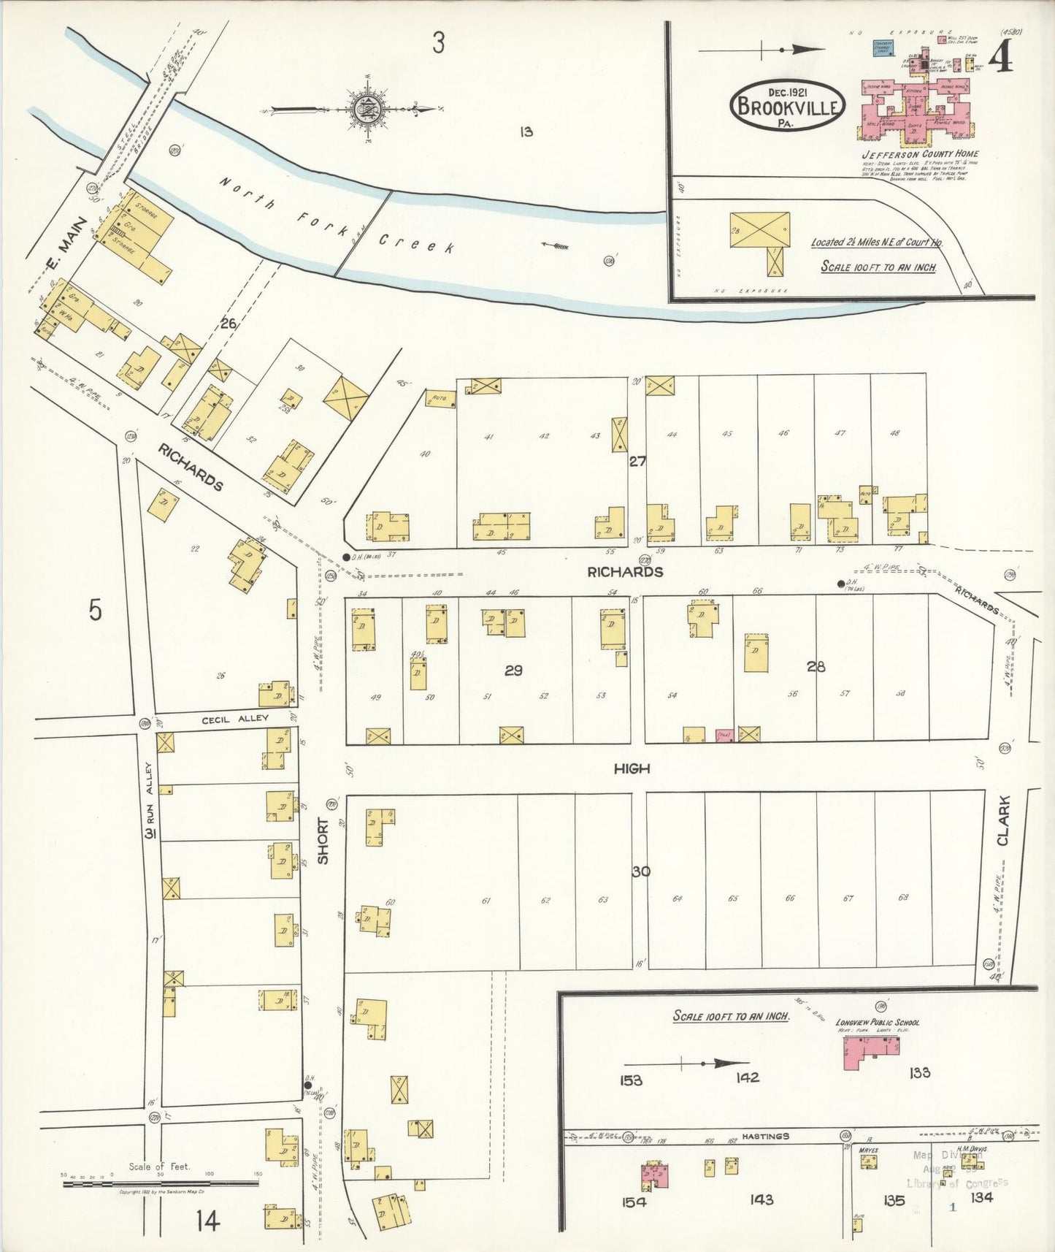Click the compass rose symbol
[363, 110]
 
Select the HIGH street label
[632, 768]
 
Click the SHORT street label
[323, 840]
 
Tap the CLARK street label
[1003, 821]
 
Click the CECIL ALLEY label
[235, 719]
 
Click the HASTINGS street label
[767, 1136]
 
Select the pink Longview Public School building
[870, 1053]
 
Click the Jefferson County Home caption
[920, 154]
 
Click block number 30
[641, 871]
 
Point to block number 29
[513, 670]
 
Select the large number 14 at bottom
[207, 1221]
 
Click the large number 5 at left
[96, 610]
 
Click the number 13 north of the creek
[526, 132]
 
